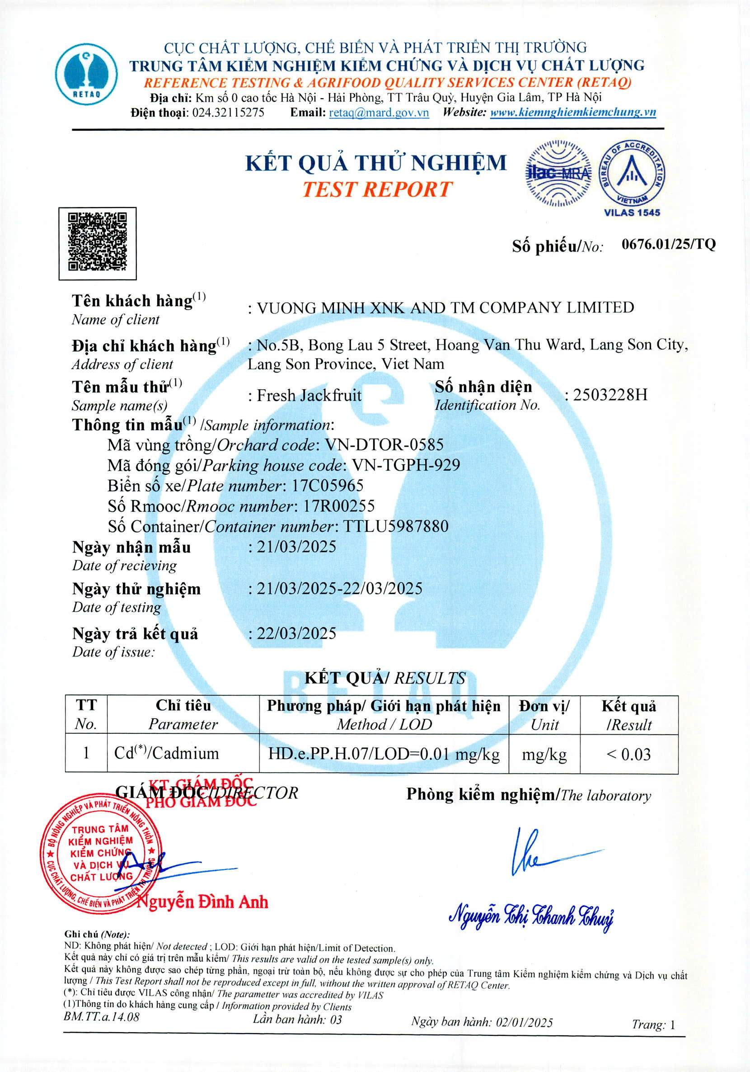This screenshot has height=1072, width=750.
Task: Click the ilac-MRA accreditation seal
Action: (x=558, y=173)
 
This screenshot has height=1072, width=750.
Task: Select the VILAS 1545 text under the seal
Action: (x=632, y=213)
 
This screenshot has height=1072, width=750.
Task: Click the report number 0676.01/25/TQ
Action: (x=668, y=244)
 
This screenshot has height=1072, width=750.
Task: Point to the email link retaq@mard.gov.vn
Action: (x=379, y=113)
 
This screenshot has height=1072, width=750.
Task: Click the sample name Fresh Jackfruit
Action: (x=309, y=396)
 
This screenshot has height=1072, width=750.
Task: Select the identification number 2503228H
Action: (x=610, y=395)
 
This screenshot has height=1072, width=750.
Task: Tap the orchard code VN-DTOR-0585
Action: (x=384, y=444)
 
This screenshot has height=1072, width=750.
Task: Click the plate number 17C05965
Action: (x=328, y=486)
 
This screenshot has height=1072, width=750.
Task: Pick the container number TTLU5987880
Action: (x=396, y=526)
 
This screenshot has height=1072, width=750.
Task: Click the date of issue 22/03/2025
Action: (x=296, y=633)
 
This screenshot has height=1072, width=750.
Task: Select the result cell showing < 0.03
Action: (x=628, y=755)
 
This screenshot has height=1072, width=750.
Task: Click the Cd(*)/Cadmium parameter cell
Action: (x=167, y=754)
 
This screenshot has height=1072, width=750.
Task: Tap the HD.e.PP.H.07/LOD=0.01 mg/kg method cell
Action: (x=383, y=754)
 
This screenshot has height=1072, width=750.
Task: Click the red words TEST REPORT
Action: (x=377, y=189)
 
